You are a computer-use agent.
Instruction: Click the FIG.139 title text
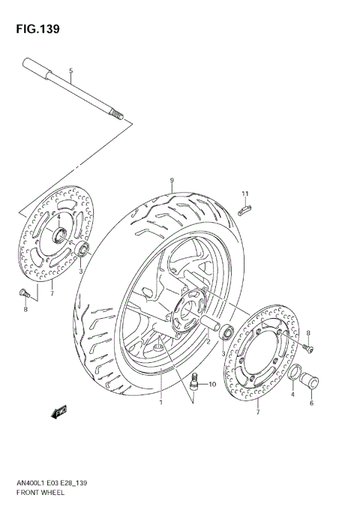click(35, 28)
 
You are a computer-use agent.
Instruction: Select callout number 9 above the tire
click(171, 180)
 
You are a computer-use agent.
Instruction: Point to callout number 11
click(244, 195)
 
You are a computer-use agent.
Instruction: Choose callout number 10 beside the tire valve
click(212, 385)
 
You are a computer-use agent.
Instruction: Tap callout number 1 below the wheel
click(160, 403)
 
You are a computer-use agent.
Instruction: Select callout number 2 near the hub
click(208, 340)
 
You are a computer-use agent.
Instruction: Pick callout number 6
click(311, 403)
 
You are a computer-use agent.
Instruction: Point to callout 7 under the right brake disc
click(257, 412)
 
